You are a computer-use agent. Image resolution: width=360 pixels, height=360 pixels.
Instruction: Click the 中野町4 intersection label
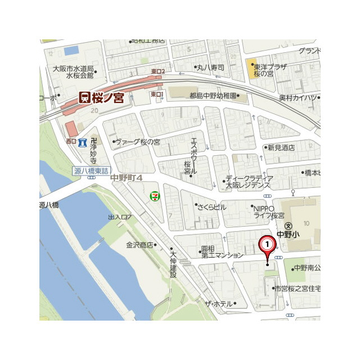coord(127,178)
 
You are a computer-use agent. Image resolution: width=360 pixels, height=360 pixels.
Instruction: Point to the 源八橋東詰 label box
coord(91,170)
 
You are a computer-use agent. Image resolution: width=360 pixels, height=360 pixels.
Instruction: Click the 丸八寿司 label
coord(210,67)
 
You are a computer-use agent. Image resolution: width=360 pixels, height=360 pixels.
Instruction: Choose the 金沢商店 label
coord(139,245)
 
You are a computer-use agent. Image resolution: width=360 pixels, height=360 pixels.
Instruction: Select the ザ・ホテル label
coord(218,304)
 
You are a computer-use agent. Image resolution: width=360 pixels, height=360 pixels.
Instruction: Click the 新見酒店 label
coord(281,147)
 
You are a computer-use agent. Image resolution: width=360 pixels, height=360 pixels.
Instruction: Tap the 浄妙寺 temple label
coord(93,149)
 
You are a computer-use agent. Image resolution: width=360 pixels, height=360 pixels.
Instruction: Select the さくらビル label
coord(211,207)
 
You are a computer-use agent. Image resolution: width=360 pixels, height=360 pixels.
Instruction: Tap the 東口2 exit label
coord(158,72)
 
